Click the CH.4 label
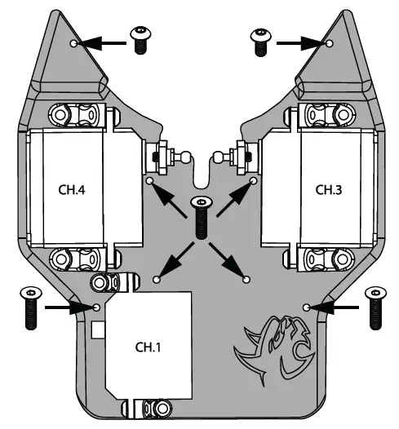pyautogui.click(x=73, y=189)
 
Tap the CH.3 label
pyautogui.click(x=329, y=189)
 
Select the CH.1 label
pyautogui.click(x=149, y=347)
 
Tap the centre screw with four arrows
pyautogui.click(x=199, y=216)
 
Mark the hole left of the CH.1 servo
pyautogui.click(x=97, y=307)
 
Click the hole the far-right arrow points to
pyautogui.click(x=306, y=307)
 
